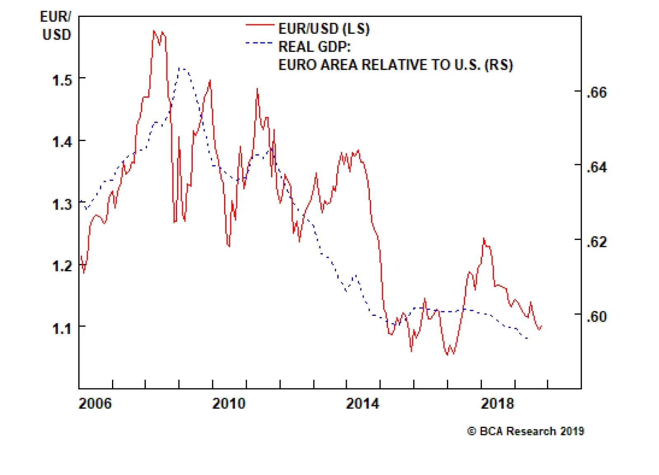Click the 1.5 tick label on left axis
pos(62,80)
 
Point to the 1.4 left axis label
pos(62,142)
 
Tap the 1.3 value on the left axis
pos(62,205)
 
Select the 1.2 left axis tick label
pos(62,266)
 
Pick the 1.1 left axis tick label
pos(62,329)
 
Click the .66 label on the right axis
pos(596,92)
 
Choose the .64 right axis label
pos(596,167)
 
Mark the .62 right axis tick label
pos(596,242)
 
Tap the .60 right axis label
pos(596,317)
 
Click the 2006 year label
pos(95,403)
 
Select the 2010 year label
pos(229,403)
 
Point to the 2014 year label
pos(362,403)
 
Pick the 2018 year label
pos(497,403)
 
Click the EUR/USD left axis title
pos(56,26)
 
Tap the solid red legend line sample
pos(259,25)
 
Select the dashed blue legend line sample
pos(259,43)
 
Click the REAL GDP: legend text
pos(314,47)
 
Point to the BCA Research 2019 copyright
pos(525,431)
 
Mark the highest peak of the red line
pos(154,31)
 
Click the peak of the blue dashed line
pos(181,68)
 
